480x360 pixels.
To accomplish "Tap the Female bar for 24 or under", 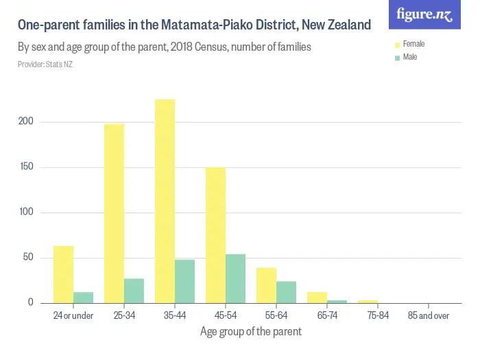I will point(63,274).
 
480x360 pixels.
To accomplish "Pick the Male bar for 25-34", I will point(134,291).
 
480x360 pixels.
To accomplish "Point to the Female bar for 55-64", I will point(266,285).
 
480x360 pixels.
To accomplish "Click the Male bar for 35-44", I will point(184,281).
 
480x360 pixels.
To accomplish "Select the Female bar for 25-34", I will point(114,213).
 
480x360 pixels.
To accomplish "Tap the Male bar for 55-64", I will point(286,292).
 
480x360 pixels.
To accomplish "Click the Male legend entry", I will point(409,57).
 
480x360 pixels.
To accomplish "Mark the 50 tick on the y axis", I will point(28,258).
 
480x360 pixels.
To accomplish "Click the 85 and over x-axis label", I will point(429,316).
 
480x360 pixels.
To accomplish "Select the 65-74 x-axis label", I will point(327,316).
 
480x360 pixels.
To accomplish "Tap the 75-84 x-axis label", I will point(378,316).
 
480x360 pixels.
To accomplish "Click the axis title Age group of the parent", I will point(250,331).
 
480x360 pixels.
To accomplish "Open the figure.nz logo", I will point(424,14).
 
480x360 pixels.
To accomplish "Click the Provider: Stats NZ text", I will point(45,64).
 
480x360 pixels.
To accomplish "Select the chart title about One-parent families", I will point(194,25).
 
